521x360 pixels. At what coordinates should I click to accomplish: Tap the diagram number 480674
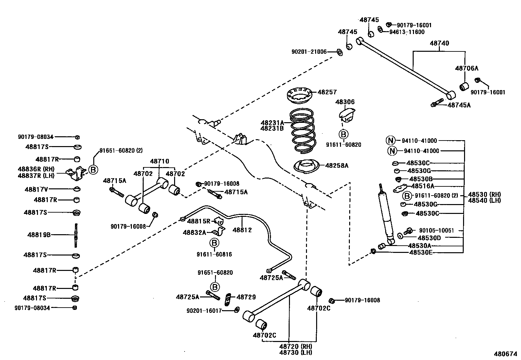coord(505,354)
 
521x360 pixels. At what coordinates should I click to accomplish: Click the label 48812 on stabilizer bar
coord(242,230)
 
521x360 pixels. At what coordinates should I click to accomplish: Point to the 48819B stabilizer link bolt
coord(76,235)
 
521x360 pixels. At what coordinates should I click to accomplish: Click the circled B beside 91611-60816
coord(214,243)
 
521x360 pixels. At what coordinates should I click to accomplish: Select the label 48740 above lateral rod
coord(439,43)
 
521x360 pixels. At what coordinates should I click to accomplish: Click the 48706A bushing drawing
coord(464,86)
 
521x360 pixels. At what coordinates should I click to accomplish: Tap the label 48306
coord(345,102)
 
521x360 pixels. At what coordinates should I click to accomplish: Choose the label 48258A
coord(336,165)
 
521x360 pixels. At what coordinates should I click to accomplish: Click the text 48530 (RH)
coord(484,194)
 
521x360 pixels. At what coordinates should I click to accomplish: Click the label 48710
coord(159,161)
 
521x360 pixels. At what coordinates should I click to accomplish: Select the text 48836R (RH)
coord(36,169)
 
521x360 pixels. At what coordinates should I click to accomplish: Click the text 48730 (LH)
coord(296,352)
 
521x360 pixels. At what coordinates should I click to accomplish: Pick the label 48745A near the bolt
coord(459,105)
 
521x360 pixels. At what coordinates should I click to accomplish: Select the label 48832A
coord(194,233)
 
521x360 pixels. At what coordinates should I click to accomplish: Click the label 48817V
coord(36,189)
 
